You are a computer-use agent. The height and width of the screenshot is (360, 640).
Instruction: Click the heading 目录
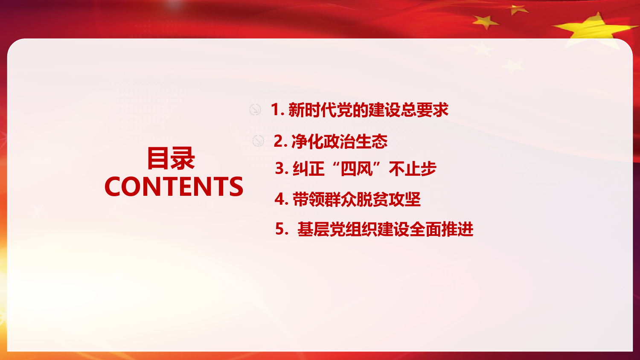[171, 158]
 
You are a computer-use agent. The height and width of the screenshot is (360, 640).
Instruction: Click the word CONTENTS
[174, 186]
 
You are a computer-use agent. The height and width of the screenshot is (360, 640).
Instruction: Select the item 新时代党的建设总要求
[368, 110]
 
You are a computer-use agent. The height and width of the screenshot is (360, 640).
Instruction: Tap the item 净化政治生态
[339, 142]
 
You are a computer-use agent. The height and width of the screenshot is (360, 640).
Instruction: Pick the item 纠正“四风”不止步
[364, 168]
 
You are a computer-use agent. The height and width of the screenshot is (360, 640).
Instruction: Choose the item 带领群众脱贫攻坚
[357, 199]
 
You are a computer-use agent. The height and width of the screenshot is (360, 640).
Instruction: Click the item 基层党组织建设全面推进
[385, 229]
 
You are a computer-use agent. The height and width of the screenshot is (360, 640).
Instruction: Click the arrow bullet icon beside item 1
[255, 110]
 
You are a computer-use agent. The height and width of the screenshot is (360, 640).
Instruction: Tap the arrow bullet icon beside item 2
[258, 141]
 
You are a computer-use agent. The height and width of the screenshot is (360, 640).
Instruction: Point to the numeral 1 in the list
[275, 110]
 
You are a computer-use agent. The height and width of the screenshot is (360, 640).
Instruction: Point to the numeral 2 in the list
[278, 141]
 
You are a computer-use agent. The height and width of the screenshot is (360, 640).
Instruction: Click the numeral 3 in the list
[279, 168]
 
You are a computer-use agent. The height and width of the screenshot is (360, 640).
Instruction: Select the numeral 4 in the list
[279, 199]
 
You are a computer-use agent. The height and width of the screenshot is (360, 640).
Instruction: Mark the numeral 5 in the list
[280, 229]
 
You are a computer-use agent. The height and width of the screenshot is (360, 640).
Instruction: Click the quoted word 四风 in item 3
[357, 168]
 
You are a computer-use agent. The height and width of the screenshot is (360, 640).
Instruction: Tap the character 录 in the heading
[183, 158]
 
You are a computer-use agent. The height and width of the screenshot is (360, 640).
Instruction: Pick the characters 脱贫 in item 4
[372, 199]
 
